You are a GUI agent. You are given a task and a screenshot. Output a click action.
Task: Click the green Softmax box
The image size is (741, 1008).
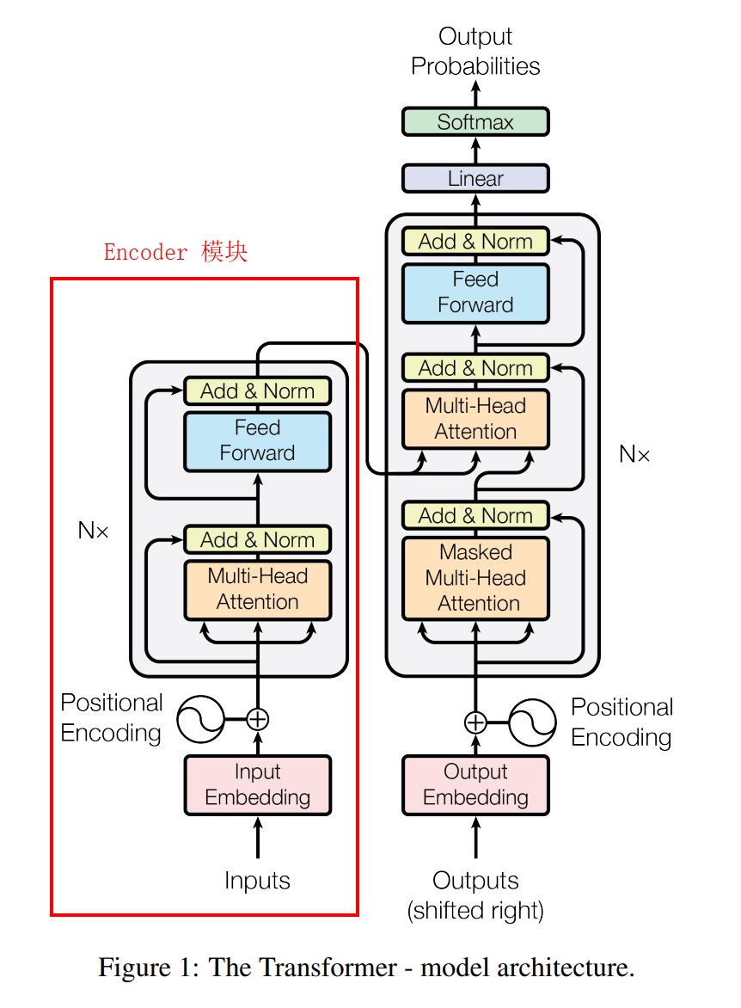[x=475, y=122]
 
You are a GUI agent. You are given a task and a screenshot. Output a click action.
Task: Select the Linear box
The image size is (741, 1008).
[x=475, y=179]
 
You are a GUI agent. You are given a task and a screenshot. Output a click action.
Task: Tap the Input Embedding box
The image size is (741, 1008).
[x=258, y=784]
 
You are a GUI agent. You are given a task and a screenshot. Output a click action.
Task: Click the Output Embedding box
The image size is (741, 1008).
[x=475, y=784]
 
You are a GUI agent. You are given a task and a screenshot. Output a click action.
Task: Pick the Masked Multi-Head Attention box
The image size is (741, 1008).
[x=475, y=578]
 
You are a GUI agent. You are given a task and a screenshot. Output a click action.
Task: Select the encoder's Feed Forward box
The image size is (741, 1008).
[x=258, y=440]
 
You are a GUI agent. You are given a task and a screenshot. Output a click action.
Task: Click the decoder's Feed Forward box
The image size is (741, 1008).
[x=475, y=292]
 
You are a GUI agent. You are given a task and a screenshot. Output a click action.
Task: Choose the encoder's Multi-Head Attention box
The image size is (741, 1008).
[x=258, y=589]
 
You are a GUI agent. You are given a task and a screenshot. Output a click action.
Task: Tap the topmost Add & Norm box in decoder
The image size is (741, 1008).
[x=475, y=242]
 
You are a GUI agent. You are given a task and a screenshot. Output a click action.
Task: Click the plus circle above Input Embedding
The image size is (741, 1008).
[x=258, y=718]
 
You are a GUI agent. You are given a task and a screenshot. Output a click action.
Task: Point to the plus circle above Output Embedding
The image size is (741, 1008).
[x=475, y=722]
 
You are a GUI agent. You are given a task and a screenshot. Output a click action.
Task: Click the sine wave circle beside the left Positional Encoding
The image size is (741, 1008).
[x=200, y=719]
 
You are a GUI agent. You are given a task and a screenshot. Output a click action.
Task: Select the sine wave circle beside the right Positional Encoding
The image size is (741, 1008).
[x=533, y=722]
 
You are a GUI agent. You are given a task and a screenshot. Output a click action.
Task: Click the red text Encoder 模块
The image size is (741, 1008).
[x=175, y=252]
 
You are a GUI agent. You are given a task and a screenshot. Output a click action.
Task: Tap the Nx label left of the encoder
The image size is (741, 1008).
[x=94, y=531]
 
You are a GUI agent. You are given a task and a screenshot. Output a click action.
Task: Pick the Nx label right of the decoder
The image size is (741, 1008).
[x=634, y=454]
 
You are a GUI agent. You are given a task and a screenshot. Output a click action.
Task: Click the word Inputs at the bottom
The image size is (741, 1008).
[x=258, y=881]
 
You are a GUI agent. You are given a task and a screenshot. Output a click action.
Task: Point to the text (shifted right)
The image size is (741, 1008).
[x=475, y=910]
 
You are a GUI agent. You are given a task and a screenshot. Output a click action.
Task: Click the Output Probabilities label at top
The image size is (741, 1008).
[x=475, y=52]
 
